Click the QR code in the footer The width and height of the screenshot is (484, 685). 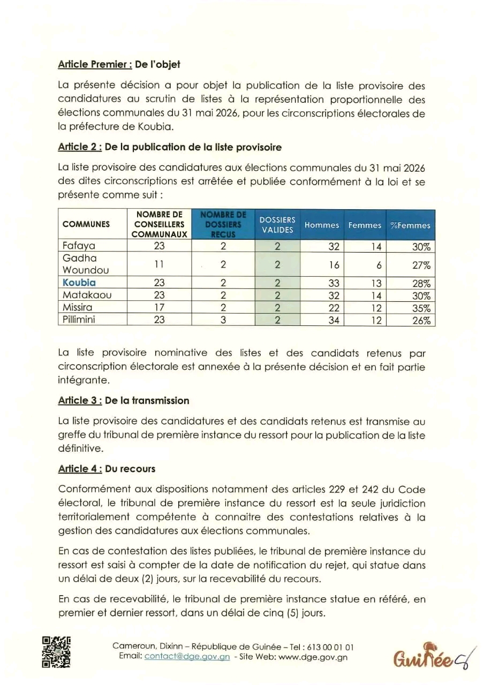[56, 651]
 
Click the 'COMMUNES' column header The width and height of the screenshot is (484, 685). [86, 224]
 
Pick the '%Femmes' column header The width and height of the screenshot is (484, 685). [410, 225]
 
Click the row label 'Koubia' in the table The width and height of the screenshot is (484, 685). [79, 283]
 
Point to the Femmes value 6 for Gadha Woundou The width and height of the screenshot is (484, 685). [378, 265]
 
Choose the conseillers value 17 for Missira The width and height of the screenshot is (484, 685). [159, 308]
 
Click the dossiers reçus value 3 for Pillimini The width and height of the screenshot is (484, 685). [223, 320]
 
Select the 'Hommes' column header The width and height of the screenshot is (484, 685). [322, 225]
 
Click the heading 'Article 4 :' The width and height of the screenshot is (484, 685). [80, 469]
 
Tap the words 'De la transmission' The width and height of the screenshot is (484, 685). [147, 400]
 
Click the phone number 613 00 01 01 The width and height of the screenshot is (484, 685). [330, 646]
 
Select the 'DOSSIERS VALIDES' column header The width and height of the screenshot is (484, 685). [277, 225]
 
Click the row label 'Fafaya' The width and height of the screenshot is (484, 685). [79, 246]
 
